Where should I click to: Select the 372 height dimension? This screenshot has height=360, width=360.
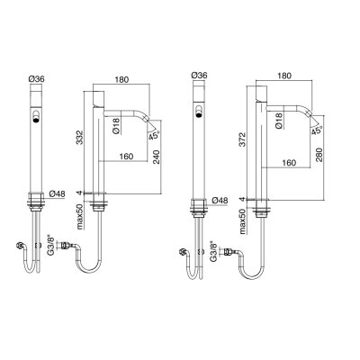pyautogui.click(x=242, y=140)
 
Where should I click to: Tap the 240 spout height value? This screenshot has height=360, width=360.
pyautogui.click(x=157, y=157)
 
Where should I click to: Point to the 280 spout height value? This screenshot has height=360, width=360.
pyautogui.click(x=319, y=154)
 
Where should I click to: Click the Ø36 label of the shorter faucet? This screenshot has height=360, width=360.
pyautogui.click(x=36, y=79)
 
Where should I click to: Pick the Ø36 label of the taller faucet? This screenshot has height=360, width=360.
pyautogui.click(x=199, y=76)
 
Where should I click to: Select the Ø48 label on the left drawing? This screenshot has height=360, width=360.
pyautogui.click(x=57, y=194)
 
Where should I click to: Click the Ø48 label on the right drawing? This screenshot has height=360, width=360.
pyautogui.click(x=220, y=200)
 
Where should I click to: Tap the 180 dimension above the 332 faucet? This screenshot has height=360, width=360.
pyautogui.click(x=121, y=79)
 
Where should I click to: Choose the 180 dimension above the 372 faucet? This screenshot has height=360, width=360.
pyautogui.click(x=284, y=76)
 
